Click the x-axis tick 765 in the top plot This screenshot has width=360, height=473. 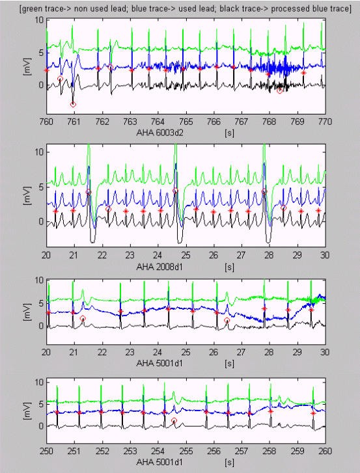pos(186,122)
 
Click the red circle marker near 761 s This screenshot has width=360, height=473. pos(73,104)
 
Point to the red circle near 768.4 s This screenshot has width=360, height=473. pos(280,91)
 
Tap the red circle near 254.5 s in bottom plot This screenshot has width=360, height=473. pos(174,421)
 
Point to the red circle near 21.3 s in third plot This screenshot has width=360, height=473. pos(83,319)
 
